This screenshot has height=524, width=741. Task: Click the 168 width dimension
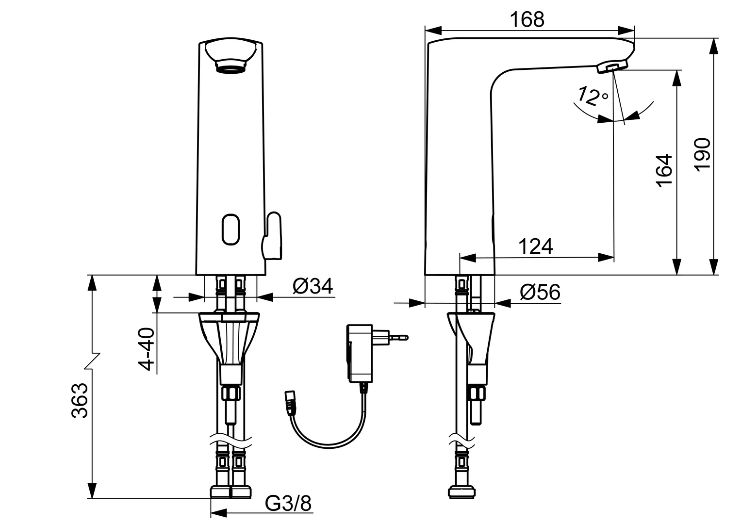(527, 19)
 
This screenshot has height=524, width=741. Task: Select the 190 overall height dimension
(702, 154)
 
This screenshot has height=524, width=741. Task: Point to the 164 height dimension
(664, 169)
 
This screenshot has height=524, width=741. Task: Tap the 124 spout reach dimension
(536, 246)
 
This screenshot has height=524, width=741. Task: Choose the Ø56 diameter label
(540, 293)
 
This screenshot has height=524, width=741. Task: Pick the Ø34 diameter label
(313, 286)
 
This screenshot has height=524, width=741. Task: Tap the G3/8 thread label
(288, 504)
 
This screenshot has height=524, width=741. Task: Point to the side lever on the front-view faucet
(272, 236)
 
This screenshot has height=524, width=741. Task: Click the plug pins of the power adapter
(395, 336)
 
